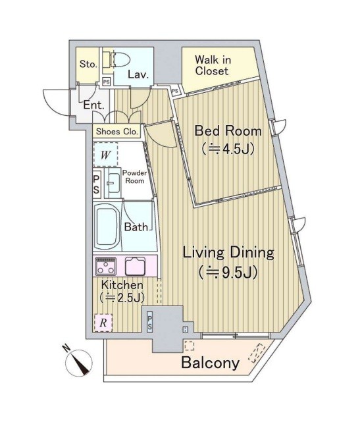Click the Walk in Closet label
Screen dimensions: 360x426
[213, 65]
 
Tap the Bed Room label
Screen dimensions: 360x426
[228, 131]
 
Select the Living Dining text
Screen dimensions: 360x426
[228, 253]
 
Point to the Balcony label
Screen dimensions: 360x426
[211, 362]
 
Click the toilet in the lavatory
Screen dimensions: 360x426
[120, 59]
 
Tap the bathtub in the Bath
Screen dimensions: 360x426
[107, 226]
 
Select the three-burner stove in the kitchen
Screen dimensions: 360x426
[106, 267]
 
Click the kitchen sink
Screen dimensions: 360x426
[135, 266]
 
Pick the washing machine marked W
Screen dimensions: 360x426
[105, 154]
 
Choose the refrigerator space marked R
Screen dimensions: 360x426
[103, 323]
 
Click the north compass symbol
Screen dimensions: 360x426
[78, 362]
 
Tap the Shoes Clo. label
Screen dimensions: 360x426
[117, 132]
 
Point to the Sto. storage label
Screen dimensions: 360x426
[88, 65]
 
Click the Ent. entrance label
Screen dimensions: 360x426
[93, 105]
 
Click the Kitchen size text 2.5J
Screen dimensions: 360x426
[122, 298]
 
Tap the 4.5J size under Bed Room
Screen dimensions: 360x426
[228, 148]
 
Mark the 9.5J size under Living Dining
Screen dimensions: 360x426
[228, 273]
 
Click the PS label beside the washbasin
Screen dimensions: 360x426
[96, 184]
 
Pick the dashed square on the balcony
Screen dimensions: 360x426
[190, 346]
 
